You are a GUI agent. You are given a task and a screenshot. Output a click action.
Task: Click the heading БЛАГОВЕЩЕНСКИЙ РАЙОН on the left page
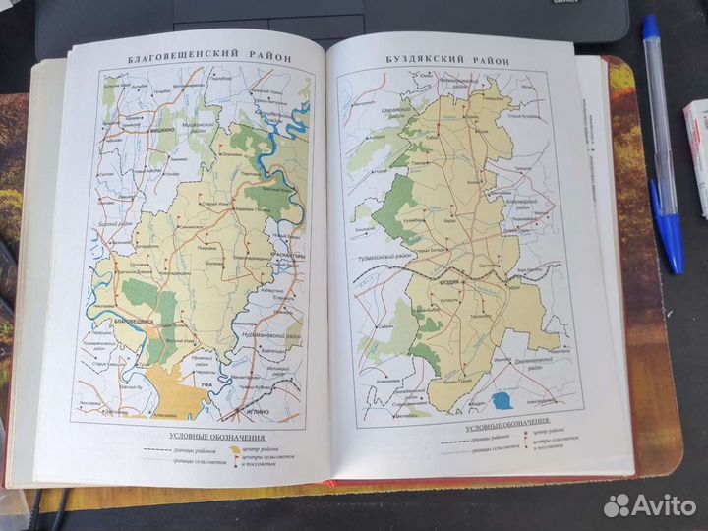[210, 58]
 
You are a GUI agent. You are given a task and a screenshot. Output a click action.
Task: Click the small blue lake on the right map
[503, 399]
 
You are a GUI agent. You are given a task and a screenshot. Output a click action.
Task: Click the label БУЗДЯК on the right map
[446, 281]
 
